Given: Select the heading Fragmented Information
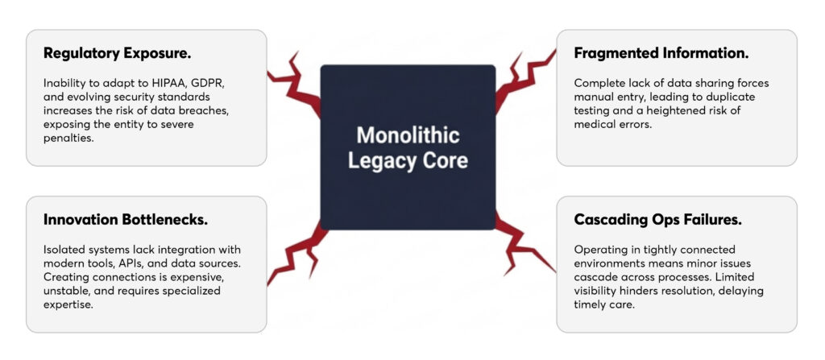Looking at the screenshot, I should tap(661, 53).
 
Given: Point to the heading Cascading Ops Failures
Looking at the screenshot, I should tap(657, 219).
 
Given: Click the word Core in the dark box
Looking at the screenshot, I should tap(445, 159).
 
